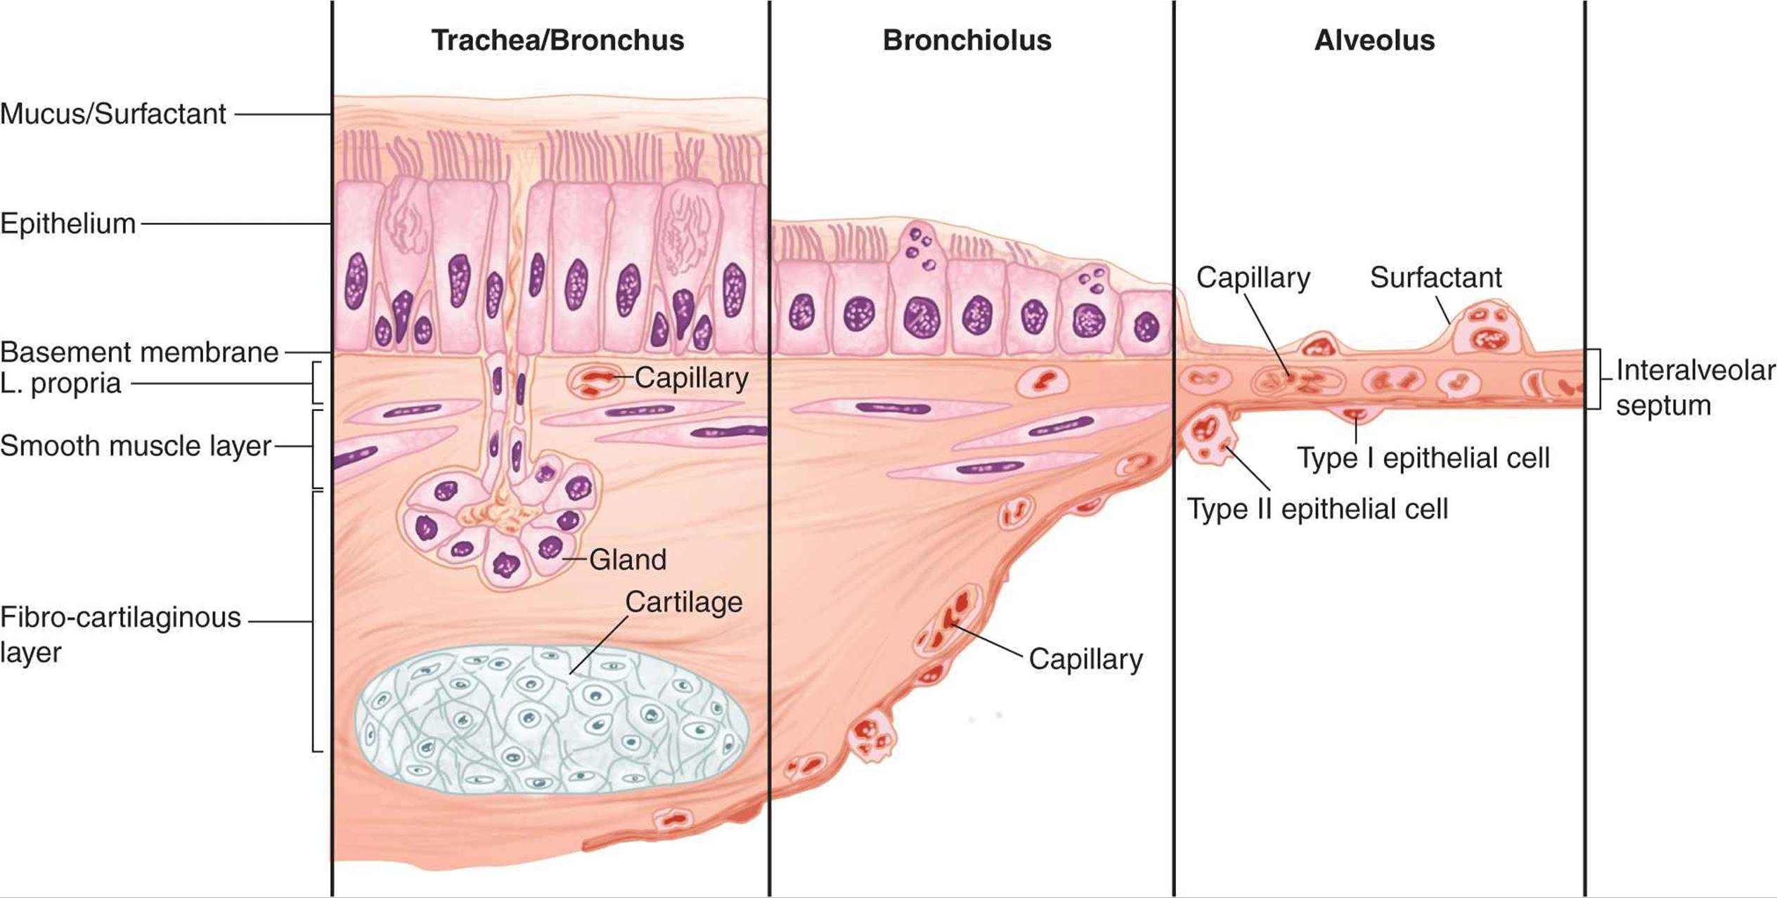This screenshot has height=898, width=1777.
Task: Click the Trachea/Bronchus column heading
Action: point(557,41)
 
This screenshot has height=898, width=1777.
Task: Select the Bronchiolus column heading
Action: point(967,41)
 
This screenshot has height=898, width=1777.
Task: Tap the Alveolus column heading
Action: point(1374,41)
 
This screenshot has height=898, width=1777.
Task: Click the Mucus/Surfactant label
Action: point(113,114)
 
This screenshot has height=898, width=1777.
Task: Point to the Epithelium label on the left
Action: point(68,224)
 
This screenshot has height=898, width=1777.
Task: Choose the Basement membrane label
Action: point(139,352)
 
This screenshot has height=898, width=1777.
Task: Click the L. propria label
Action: point(61,384)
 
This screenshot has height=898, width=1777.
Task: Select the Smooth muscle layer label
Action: point(136,446)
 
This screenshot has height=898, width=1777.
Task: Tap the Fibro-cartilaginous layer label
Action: point(120,635)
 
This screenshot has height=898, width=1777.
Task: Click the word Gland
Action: point(628,560)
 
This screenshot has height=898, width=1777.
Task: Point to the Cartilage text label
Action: point(684,602)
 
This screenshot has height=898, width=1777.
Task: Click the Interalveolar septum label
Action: point(1695,388)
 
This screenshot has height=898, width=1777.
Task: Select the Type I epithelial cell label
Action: point(1423,458)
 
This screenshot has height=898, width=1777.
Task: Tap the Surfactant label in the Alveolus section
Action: point(1435,278)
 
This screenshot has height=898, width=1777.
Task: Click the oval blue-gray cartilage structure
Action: point(551,720)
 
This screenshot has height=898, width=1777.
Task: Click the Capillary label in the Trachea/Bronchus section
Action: point(692,379)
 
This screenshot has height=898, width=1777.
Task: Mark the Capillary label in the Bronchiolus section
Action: point(1086,660)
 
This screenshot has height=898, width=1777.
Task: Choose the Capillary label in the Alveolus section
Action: point(1253,278)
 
